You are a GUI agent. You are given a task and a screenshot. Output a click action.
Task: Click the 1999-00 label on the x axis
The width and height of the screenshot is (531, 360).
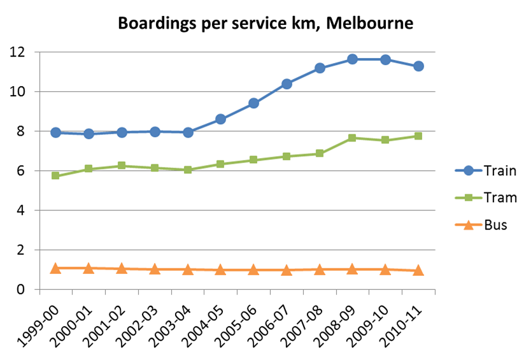tap(35, 319)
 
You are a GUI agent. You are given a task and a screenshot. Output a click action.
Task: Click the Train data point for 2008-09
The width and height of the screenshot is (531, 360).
tap(352, 59)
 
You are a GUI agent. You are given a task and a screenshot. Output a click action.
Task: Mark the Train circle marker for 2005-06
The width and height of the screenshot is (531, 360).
tap(253, 103)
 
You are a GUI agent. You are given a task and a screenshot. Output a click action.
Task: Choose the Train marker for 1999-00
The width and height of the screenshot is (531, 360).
tap(55, 133)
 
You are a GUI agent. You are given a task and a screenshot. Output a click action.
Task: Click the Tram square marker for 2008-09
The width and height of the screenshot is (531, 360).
tap(352, 138)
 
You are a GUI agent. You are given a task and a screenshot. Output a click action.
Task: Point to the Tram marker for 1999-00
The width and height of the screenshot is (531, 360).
tap(55, 175)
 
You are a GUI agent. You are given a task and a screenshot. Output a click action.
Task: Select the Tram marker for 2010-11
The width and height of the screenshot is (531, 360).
tap(418, 136)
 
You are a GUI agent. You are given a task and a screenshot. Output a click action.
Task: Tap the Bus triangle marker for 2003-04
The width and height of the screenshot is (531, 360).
tap(187, 270)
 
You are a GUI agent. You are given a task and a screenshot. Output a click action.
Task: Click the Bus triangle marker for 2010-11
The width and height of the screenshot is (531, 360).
tap(418, 270)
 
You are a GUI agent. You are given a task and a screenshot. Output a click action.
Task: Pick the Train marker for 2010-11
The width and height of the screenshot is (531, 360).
tap(418, 66)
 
